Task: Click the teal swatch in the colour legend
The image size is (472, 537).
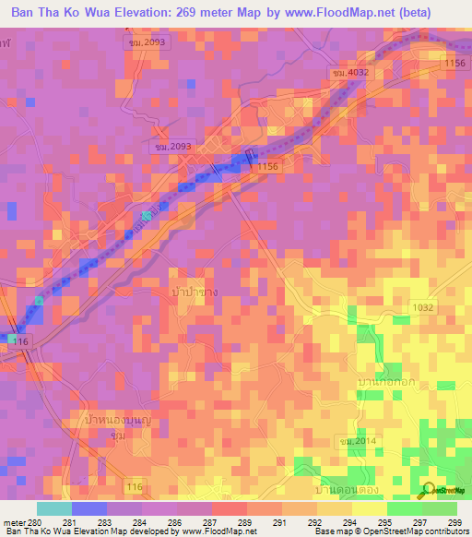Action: click(x=54, y=509)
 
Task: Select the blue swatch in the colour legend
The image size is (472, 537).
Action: click(x=89, y=509)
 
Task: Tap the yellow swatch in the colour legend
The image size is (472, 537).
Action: click(x=369, y=509)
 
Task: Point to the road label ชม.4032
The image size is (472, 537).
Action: click(x=350, y=73)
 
